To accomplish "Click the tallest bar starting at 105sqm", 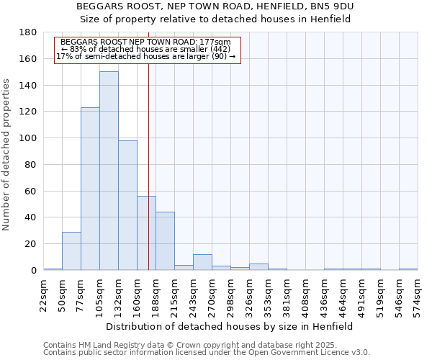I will (x=109, y=171).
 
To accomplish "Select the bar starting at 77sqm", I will (x=90, y=189).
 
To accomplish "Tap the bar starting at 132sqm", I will (x=127, y=205).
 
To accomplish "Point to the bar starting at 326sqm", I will (x=258, y=266).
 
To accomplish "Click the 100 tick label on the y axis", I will (x=30, y=138).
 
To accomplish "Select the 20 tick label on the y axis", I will (x=32, y=244).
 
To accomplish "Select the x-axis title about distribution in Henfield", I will (x=229, y=326).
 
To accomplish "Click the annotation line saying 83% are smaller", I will (x=146, y=49).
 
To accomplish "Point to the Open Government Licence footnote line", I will (x=206, y=353).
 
